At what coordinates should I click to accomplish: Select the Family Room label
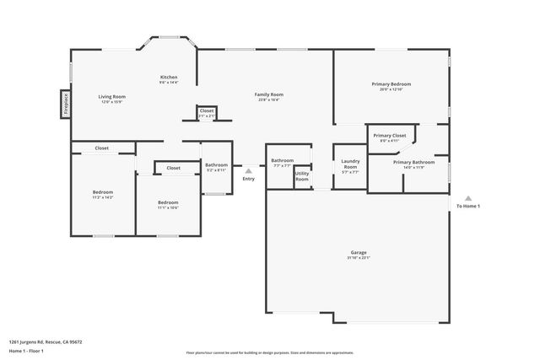[268, 96]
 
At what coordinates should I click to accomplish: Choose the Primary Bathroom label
[413, 164]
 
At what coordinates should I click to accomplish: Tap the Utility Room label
[301, 177]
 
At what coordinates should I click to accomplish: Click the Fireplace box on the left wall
[65, 104]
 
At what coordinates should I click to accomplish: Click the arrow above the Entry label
[248, 170]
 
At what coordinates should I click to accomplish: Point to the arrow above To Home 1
[468, 198]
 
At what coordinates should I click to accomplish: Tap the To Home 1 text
[468, 207]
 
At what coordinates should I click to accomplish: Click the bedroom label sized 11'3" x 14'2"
[102, 195]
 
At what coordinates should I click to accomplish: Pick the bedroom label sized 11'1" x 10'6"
[168, 204]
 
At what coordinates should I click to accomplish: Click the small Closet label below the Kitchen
[207, 112]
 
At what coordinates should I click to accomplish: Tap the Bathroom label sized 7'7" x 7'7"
[282, 162]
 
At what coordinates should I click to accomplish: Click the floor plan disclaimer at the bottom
[269, 352]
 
